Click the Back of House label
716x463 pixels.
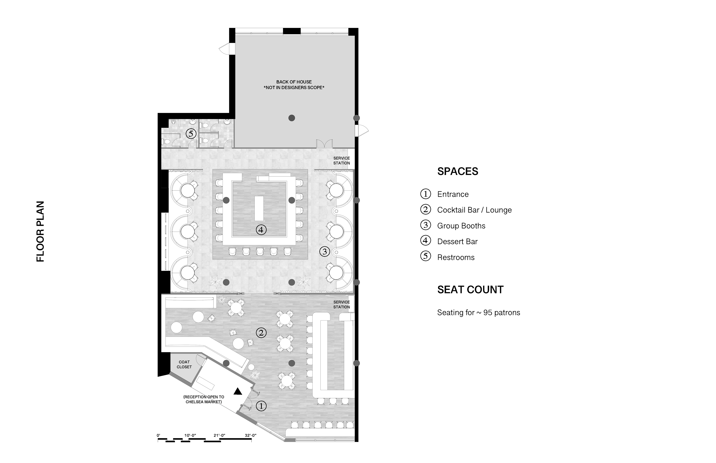pos(294,82)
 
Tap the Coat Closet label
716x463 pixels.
pos(184,364)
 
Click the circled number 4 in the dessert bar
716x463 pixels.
pos(261,230)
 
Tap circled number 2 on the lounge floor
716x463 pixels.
pos(261,333)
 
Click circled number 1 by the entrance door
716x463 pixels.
pos(261,406)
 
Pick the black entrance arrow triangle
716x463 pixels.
pos(238,391)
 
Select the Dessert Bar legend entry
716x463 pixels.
pos(457,241)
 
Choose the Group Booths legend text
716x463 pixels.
pos(461,226)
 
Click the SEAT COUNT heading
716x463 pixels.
pos(470,290)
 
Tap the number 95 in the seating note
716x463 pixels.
pos(487,312)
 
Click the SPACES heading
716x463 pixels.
pos(458,171)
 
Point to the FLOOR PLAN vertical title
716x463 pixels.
pos(40,231)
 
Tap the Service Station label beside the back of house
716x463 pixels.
pos(341,161)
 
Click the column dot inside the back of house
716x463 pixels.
pos(291,118)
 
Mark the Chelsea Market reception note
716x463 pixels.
pos(204,399)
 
